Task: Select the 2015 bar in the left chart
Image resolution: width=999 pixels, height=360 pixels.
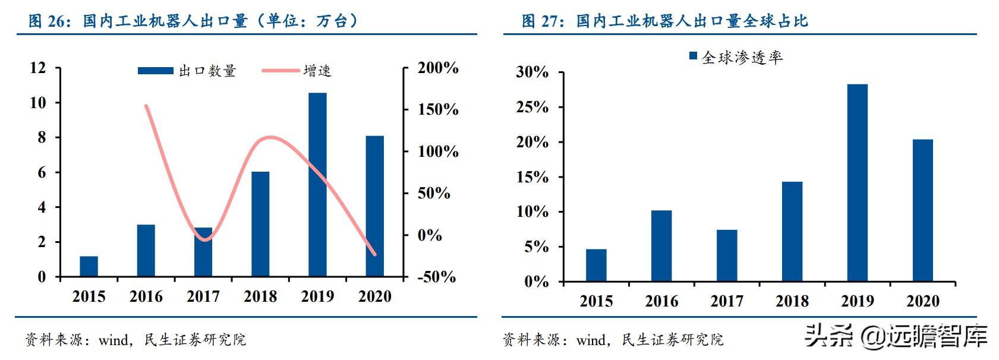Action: point(89,266)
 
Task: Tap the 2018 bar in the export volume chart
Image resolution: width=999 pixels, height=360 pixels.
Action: point(260,224)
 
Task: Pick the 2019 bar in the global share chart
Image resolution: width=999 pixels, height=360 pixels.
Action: point(857,182)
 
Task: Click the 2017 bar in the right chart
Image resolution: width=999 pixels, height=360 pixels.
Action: point(727,255)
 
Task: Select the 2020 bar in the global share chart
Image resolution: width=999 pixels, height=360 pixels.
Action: point(922,210)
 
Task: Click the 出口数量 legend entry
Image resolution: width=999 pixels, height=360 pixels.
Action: point(187,71)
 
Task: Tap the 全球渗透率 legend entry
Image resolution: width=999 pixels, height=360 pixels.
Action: point(736,57)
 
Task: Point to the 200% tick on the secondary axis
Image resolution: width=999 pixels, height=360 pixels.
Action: point(438,68)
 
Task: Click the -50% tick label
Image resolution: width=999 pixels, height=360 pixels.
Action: point(436,277)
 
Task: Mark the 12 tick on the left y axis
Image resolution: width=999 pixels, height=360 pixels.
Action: point(37,68)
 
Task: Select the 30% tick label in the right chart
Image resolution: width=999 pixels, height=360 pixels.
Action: point(532,72)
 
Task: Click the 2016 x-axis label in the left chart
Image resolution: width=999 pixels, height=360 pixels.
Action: point(146,296)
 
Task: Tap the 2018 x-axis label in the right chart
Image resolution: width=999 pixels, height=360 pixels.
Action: point(792,301)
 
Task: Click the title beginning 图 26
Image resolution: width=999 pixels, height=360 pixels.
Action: point(193,21)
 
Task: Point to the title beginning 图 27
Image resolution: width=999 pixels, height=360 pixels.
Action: point(664,21)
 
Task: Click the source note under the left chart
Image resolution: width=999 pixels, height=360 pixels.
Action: point(135,340)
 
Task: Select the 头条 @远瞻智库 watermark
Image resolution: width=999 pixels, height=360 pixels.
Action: point(896,336)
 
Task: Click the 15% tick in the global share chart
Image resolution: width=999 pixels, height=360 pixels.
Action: point(532,177)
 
